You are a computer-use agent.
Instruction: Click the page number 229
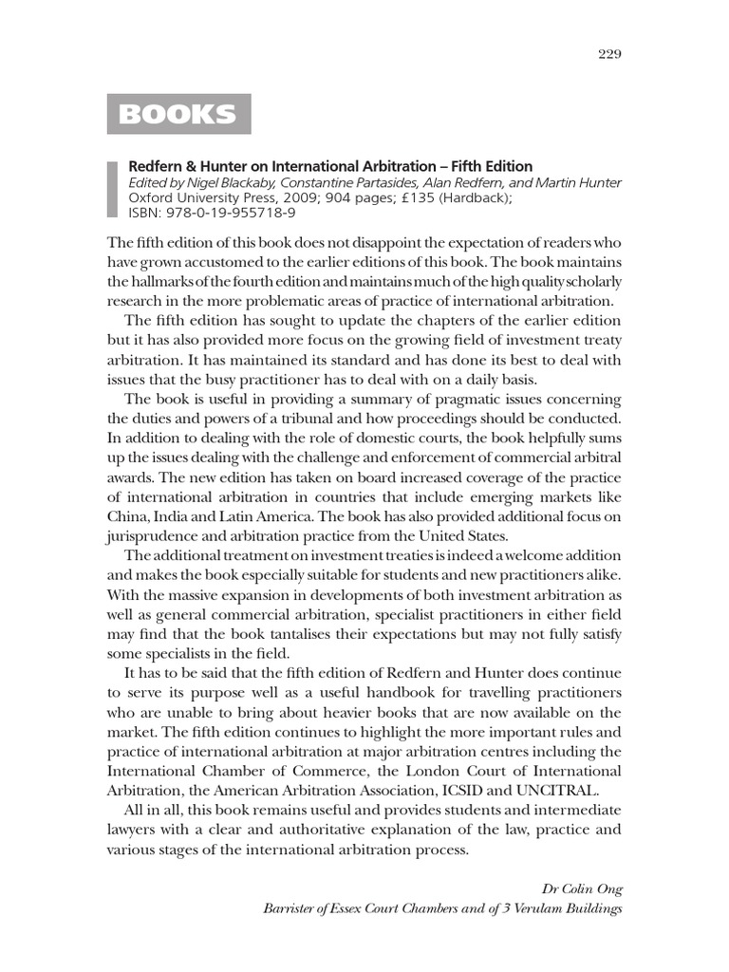point(609,53)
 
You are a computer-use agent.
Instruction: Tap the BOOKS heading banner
point(178,114)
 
